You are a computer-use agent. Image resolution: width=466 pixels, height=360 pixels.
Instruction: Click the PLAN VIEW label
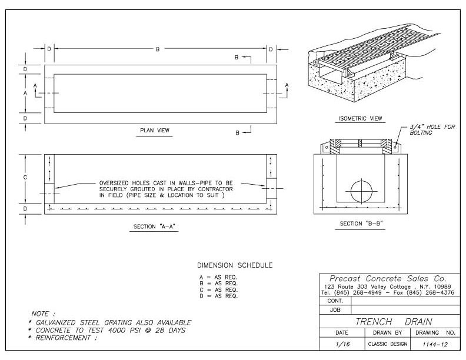point(155,130)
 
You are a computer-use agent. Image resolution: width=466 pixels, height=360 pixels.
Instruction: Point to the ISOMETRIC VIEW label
point(360,118)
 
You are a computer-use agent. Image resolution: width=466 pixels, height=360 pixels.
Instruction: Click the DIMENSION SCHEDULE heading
point(234,265)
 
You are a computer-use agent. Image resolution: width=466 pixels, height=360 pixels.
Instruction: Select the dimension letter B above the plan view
point(157,49)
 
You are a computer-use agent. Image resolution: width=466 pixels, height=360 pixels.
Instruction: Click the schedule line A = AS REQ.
point(218,278)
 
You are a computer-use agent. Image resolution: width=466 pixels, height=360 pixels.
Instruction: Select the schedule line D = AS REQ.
point(218,296)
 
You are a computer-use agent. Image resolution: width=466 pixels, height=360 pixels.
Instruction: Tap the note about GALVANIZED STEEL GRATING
point(112,322)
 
